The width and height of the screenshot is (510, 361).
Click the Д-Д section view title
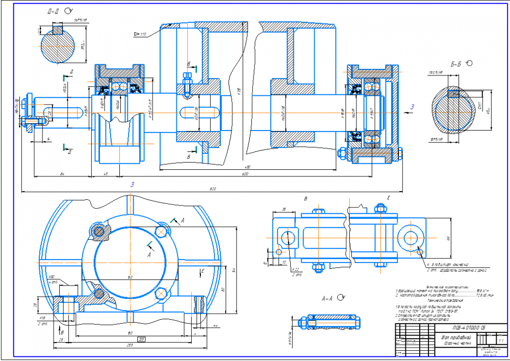point(53,11)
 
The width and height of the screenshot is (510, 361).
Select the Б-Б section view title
point(455,64)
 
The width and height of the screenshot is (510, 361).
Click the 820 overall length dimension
point(213,190)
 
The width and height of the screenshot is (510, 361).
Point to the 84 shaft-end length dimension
point(62,174)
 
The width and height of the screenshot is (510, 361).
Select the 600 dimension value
point(245,174)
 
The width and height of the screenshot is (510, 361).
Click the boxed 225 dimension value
point(142,339)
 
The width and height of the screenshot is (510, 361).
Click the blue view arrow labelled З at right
point(413,106)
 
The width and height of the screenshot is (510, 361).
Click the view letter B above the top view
point(305,198)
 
